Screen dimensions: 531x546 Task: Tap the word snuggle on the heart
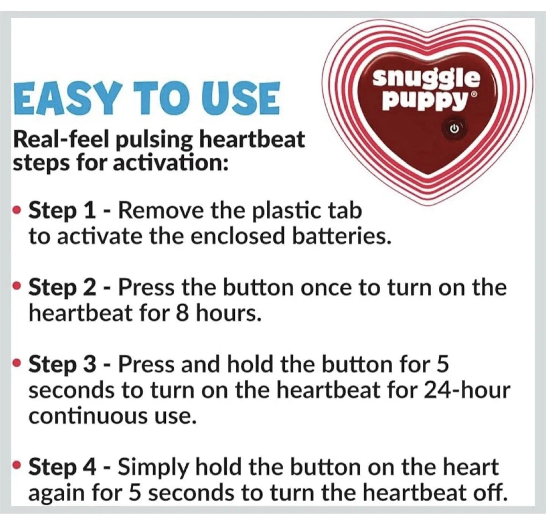point(426,78)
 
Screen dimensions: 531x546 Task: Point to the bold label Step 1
point(62,211)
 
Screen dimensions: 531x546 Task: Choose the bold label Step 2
point(63,287)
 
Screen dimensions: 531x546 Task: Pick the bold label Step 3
point(63,364)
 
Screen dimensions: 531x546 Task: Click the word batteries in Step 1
point(341,236)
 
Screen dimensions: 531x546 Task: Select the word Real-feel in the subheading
point(60,140)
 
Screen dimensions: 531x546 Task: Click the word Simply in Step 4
point(153,468)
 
